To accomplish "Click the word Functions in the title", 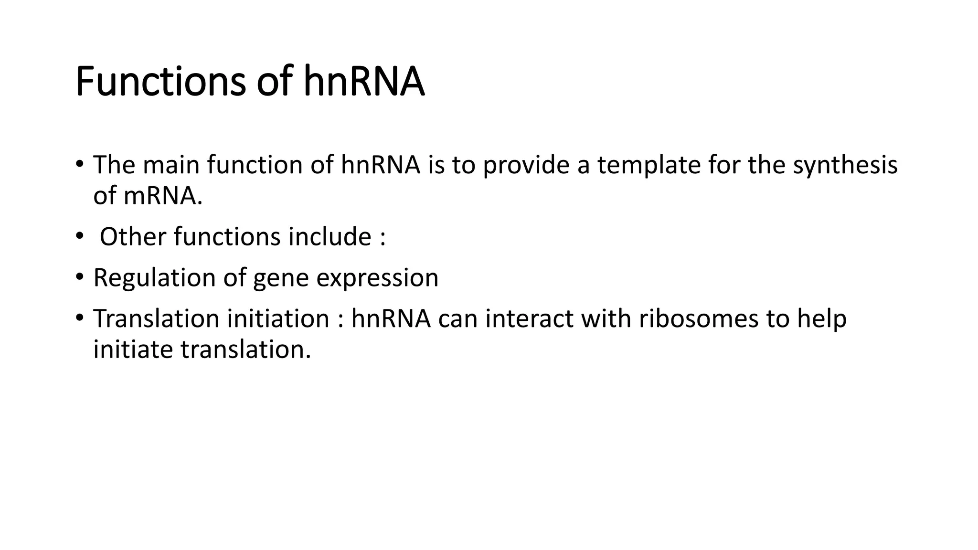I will (160, 82).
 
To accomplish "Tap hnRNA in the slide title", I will (364, 82).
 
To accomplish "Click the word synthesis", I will (845, 165).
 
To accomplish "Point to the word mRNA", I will (162, 196).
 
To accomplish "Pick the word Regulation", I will (154, 278).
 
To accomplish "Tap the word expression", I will (377, 279).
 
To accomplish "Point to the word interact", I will (529, 319).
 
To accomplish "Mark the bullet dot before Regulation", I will (79, 277).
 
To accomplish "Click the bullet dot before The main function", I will (79, 164).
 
